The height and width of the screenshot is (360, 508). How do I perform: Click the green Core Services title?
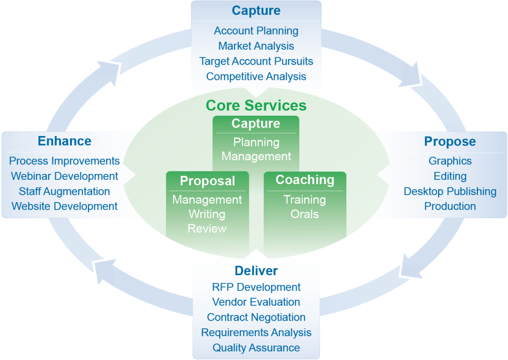pos(256,105)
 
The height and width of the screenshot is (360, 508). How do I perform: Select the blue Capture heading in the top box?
pos(256,11)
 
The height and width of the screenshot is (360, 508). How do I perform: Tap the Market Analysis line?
pos(256,46)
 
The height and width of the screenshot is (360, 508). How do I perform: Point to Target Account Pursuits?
pos(256,61)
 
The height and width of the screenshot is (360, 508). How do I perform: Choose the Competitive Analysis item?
pos(256,76)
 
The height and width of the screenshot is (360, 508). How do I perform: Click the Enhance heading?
pos(64,141)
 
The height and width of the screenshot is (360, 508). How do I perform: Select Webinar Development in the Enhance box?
pos(64,176)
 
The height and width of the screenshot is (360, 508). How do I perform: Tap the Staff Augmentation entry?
pos(64,191)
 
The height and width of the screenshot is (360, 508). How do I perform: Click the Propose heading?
pos(450,142)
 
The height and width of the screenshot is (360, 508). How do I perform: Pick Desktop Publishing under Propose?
pos(450,191)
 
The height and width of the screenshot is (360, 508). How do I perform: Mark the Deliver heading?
pos(256,271)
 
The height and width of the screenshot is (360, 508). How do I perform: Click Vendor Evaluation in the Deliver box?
pos(256,302)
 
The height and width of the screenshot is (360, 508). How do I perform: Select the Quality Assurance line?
pos(256,348)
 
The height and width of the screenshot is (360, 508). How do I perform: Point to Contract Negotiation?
pos(256,317)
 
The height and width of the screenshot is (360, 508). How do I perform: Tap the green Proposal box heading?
pos(207,181)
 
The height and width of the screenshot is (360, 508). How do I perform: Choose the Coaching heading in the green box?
pos(305,180)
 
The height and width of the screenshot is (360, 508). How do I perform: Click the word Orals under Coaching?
pos(305,214)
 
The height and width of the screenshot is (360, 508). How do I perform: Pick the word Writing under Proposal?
pos(207,214)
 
